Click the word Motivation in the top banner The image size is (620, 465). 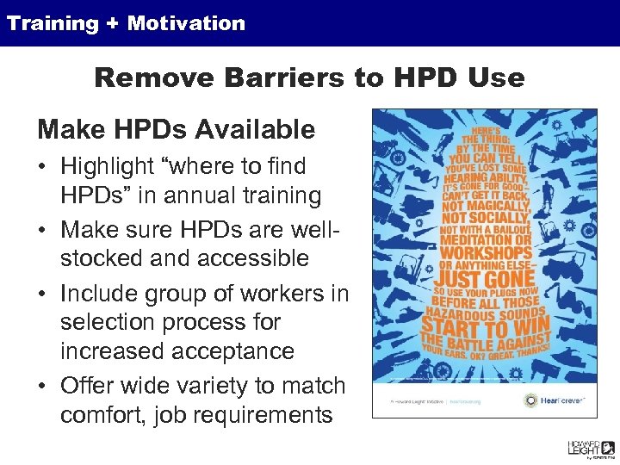[x=186, y=23]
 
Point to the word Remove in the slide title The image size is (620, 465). [x=149, y=77]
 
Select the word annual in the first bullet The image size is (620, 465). [x=186, y=195]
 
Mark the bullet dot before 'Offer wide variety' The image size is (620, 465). [x=43, y=386]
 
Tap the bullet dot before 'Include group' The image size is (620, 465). [x=43, y=292]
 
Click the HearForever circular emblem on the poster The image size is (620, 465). [x=529, y=400]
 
